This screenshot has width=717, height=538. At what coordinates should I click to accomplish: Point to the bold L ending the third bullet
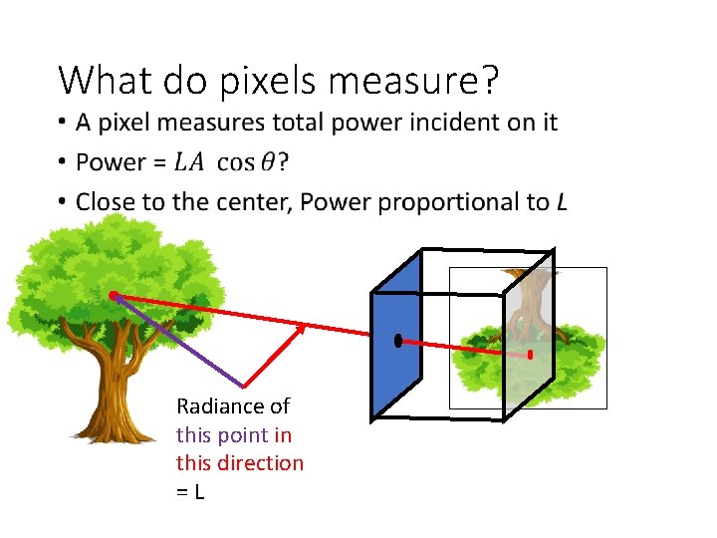click(x=562, y=202)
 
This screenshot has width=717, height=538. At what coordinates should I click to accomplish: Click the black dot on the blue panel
click(x=397, y=341)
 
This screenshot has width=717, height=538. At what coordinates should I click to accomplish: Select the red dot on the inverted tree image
click(x=530, y=354)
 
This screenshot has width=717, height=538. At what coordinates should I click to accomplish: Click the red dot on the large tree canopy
click(x=114, y=295)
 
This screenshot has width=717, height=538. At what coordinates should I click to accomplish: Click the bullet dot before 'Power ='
click(x=63, y=162)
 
